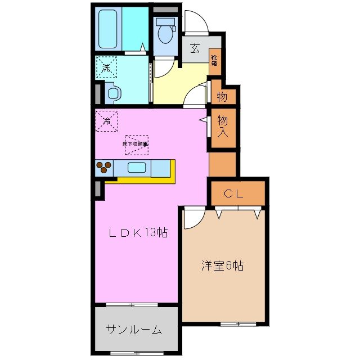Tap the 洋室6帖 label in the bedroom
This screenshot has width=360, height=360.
point(223,265)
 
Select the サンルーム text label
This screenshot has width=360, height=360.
point(134,330)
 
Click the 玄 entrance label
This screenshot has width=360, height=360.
point(195,48)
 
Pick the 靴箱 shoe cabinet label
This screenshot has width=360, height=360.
point(214,58)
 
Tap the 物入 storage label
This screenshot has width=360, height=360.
point(223,127)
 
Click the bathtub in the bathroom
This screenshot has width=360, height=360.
point(108,29)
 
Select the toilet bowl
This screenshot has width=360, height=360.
point(165,33)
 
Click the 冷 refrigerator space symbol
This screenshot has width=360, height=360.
point(106,119)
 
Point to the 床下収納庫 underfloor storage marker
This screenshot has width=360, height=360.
point(136,144)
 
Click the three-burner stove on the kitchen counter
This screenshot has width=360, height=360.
point(103,167)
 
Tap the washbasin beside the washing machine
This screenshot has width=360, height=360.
point(112,93)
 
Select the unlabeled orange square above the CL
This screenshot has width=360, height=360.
point(223,163)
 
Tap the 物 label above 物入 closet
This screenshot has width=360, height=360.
point(222,97)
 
